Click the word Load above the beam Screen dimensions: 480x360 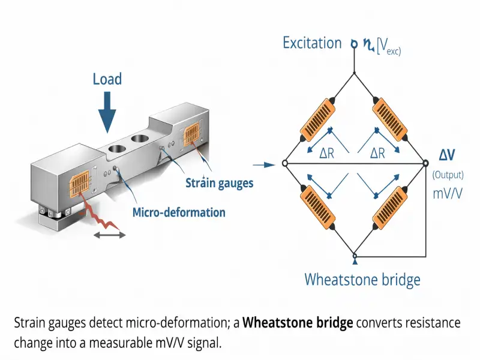107,79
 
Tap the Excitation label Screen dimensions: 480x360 312,43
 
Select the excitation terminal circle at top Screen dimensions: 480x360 354,44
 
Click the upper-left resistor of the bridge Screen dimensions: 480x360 317,119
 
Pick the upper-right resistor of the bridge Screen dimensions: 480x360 390,119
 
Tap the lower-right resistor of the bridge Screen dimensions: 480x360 390,208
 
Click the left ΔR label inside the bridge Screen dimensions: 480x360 326,153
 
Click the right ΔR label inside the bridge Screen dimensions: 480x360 377,153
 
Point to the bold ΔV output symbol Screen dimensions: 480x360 447,155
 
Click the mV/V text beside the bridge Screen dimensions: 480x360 447,193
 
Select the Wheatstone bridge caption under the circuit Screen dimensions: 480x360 362,280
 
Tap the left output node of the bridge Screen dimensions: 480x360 284,163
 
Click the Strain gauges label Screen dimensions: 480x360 220,183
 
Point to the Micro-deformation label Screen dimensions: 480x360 179,212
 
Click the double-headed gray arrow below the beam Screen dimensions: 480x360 109,235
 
